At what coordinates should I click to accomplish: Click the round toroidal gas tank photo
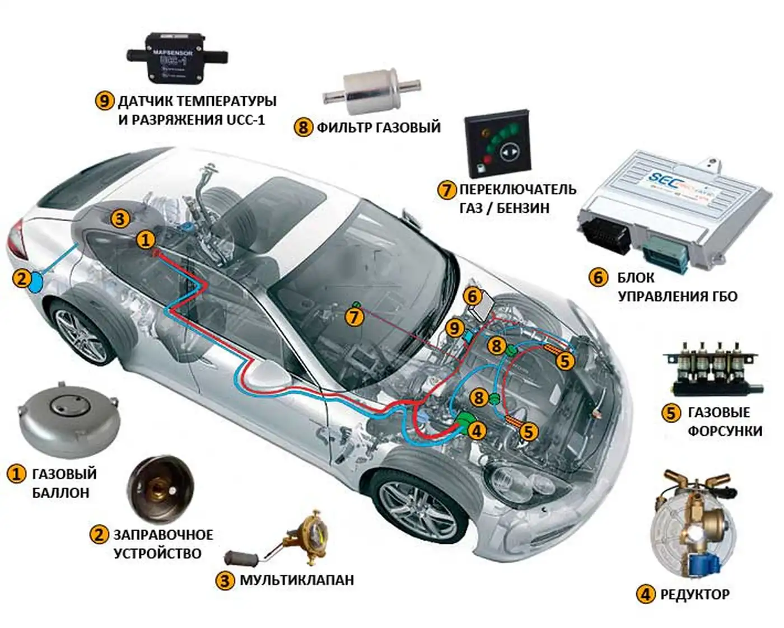69,420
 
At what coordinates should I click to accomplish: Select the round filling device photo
160,487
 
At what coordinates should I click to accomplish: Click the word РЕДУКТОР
694,594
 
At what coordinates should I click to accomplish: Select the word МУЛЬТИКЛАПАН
297,580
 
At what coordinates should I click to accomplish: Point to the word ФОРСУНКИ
725,431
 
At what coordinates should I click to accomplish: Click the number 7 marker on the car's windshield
354,317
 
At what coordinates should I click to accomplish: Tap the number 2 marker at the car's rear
22,278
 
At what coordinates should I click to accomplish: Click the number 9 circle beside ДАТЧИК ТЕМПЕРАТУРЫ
105,101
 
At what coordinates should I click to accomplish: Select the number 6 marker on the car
473,296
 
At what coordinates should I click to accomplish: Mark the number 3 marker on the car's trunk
120,218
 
